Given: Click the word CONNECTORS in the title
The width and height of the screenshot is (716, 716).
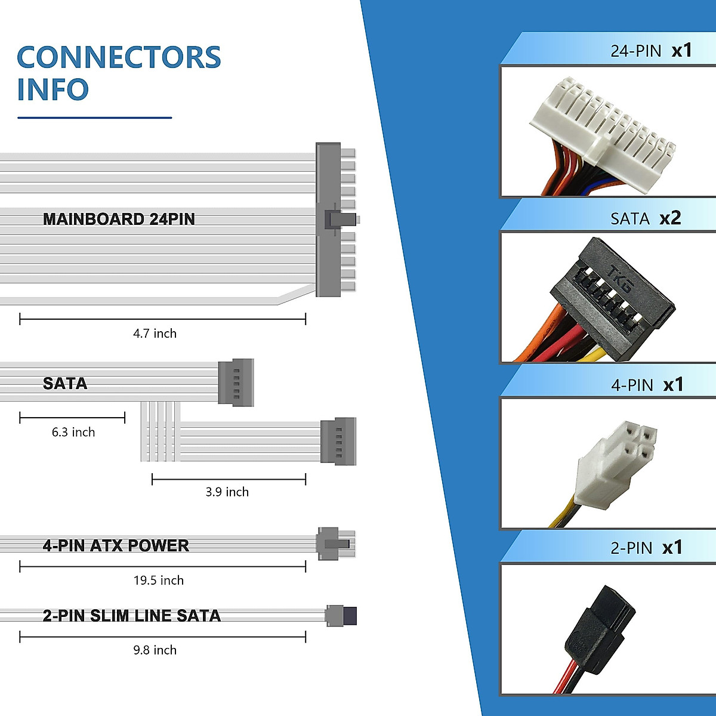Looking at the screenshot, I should pos(119,57).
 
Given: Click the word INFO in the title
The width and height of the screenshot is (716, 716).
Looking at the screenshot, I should pos(53,89).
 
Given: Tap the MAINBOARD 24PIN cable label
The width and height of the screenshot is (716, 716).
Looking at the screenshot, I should pos(119,219).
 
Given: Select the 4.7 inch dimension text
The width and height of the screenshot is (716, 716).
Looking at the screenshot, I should pos(155,334).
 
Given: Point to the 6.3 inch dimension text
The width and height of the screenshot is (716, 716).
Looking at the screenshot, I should pos(73,432).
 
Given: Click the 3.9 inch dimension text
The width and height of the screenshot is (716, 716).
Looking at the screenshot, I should pos(227,492).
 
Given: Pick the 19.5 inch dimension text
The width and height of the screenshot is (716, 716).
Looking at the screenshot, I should pos(158,580).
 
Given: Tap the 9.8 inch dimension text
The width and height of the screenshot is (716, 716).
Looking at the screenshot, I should pos(155,650).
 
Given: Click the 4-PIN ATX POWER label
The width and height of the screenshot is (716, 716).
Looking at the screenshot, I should pos(116,545).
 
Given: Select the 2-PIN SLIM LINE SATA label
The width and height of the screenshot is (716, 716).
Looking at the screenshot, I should pos(131,615).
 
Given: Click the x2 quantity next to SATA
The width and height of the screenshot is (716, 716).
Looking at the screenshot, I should pos(670,218).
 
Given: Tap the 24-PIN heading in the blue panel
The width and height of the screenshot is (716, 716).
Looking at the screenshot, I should pos(635,51).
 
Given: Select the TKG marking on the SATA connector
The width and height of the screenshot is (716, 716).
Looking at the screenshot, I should pos(620,278).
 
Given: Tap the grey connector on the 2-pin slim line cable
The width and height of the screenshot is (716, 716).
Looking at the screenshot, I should pos(341,615).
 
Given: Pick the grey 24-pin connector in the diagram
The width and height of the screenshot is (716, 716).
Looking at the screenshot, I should pos(329,220).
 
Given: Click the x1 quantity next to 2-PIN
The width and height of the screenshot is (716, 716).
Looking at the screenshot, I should pos(672,548).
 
